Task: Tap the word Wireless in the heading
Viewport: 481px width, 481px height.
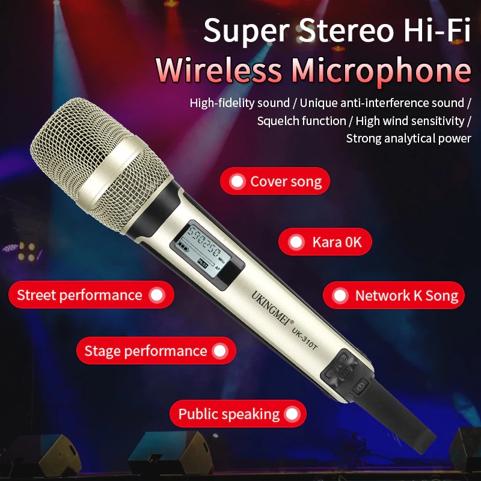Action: pos(219,71)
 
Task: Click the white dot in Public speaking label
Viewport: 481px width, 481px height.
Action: pos(292,414)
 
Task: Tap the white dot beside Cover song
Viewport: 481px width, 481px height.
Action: pos(237,181)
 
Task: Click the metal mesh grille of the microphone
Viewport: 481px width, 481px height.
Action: pos(96,156)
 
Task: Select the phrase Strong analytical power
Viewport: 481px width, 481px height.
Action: pos(408,138)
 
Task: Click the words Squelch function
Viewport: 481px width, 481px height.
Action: pos(301,121)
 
